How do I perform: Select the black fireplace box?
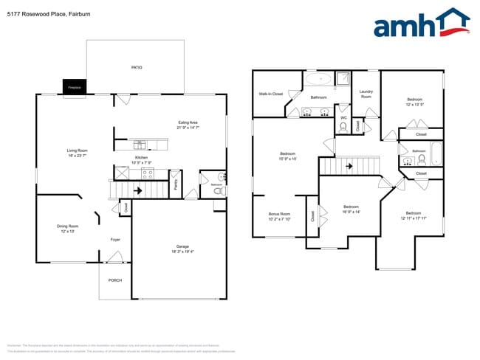click(x=74, y=87)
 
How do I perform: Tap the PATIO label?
click(x=137, y=68)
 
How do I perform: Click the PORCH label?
click(x=115, y=280)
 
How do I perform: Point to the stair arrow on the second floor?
click(x=349, y=166)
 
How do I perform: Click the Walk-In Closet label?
click(x=271, y=94)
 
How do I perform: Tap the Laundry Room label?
click(x=366, y=94)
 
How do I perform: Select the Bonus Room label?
click(x=279, y=216)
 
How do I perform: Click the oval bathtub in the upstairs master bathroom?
click(x=319, y=80)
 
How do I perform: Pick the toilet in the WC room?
click(x=343, y=126)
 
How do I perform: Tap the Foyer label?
click(x=115, y=240)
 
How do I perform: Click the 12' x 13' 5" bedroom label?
click(x=416, y=102)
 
